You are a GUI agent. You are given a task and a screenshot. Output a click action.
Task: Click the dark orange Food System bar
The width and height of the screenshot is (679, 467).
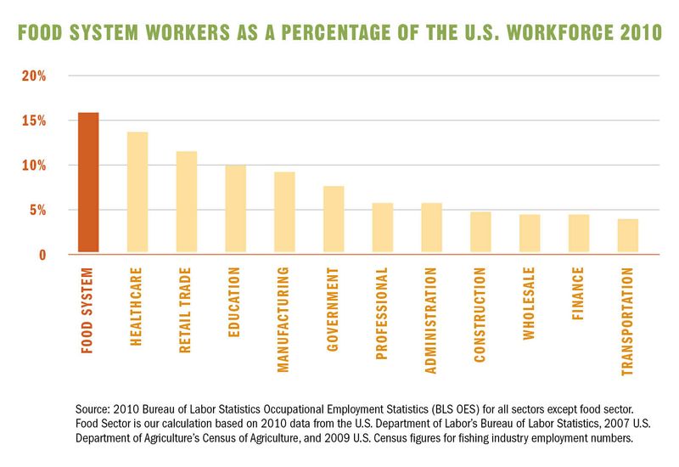(88, 183)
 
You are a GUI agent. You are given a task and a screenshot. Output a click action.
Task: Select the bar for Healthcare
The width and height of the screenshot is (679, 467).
(137, 193)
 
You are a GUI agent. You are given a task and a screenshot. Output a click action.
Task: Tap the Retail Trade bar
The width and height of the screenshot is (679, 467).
(187, 202)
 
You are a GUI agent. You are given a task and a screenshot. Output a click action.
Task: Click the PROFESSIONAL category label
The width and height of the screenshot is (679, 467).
(383, 313)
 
